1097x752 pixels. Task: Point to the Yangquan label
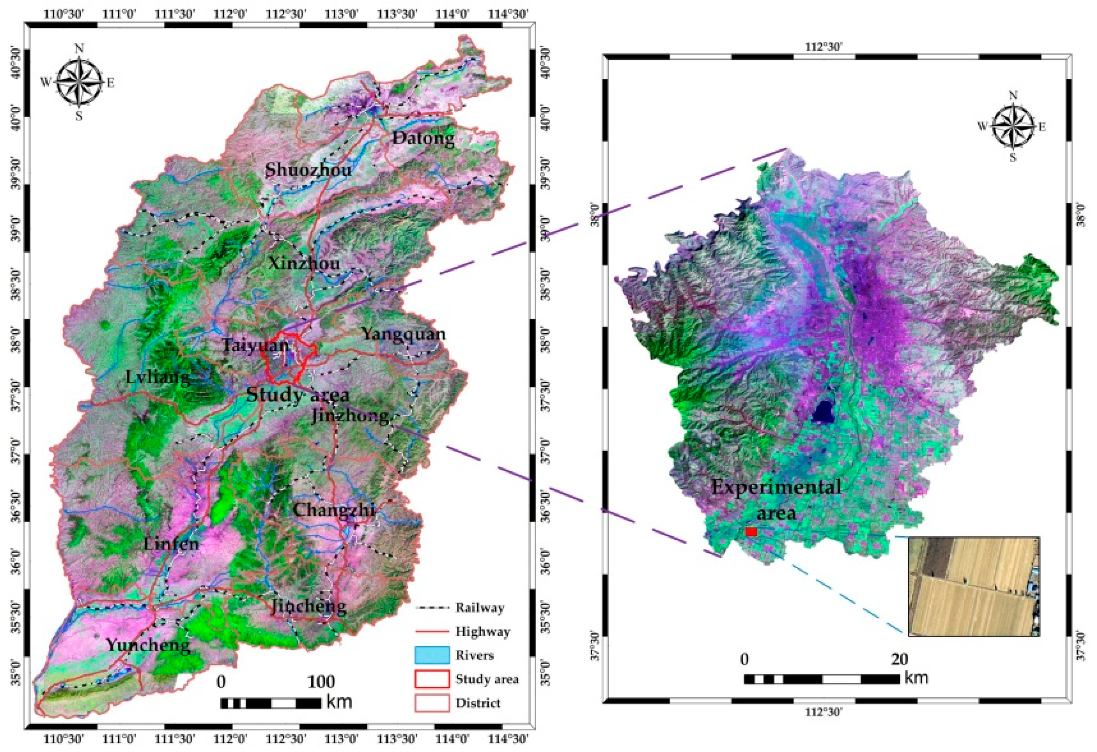[404, 334]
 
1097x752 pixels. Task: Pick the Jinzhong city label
[350, 416]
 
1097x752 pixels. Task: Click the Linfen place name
[171, 544]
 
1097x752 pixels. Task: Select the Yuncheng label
[148, 645]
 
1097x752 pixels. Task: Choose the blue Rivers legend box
[431, 655]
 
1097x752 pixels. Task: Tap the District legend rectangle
[431, 703]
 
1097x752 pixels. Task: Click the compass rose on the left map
[79, 82]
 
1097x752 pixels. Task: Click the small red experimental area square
[751, 532]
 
